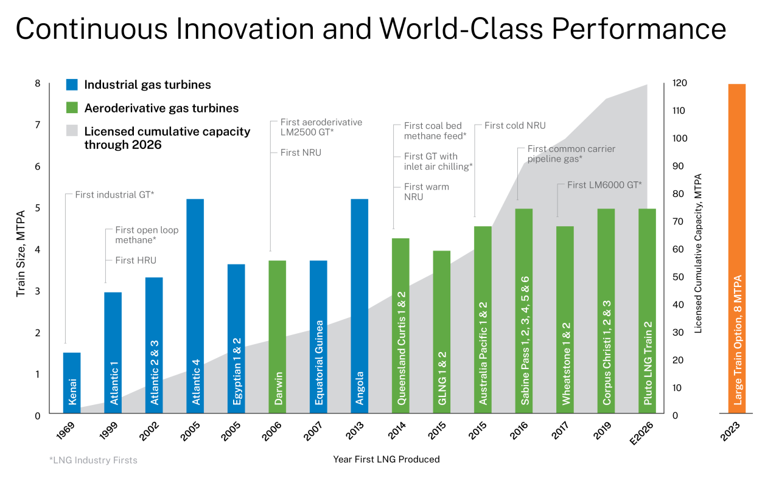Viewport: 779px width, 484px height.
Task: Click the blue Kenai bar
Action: [72, 383]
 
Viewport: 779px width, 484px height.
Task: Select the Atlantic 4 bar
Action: [195, 306]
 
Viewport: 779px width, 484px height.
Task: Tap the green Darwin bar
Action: [277, 337]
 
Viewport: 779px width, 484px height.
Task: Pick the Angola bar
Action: [359, 306]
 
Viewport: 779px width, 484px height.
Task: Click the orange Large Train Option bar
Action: [737, 249]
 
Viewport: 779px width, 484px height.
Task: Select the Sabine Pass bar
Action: [523, 311]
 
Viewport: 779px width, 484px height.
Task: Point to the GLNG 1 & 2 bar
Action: [441, 332]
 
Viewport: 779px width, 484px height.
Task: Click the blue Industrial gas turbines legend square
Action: [72, 85]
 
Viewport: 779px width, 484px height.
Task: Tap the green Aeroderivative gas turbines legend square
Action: [72, 108]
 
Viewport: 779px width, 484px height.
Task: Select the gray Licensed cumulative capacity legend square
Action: [72, 131]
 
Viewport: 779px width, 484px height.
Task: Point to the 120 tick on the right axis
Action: [679, 83]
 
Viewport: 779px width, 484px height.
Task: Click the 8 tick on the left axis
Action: [37, 83]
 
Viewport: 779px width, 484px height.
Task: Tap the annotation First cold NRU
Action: [515, 126]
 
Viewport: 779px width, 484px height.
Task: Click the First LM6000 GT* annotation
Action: [604, 185]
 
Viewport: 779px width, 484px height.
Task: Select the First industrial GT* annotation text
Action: [114, 195]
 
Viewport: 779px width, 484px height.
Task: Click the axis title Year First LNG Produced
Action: [386, 460]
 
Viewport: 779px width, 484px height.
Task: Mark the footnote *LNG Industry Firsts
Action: [93, 460]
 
